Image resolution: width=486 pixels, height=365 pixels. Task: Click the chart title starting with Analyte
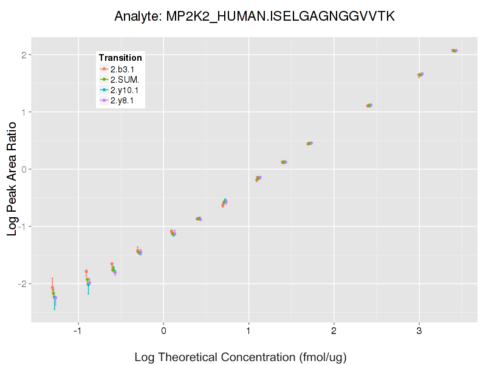click(x=255, y=16)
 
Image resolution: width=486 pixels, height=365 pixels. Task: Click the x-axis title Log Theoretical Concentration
click(x=240, y=357)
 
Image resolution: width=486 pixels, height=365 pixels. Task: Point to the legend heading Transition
click(x=120, y=58)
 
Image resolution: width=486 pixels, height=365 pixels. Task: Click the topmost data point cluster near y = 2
click(x=454, y=50)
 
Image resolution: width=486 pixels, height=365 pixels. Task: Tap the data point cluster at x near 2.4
click(x=369, y=105)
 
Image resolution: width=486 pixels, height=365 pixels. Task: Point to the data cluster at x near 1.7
click(x=310, y=144)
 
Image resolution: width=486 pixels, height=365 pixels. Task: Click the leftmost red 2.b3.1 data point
click(x=52, y=288)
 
